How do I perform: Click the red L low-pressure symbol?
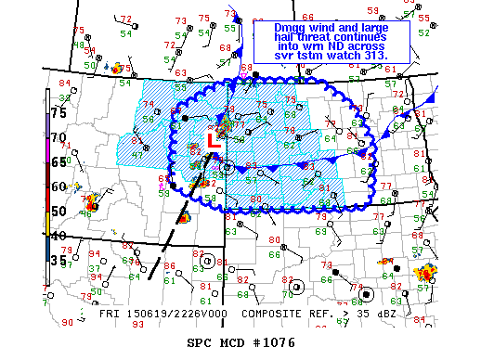pyautogui.click(x=212, y=141)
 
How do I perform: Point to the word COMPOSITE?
pyautogui.click(x=258, y=315)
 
